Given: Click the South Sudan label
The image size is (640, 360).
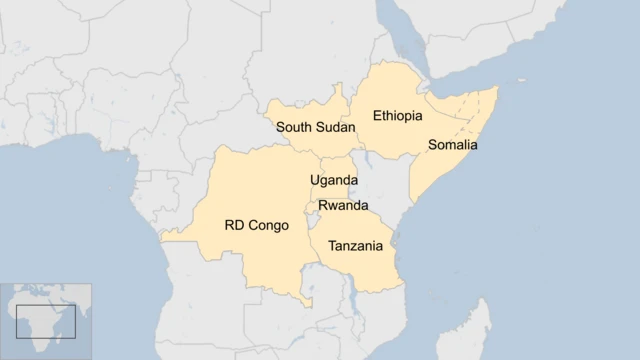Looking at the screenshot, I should pos(315,127).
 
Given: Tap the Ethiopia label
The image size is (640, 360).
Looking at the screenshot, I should pos(397,116).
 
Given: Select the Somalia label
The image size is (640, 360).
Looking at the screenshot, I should pos(453,145).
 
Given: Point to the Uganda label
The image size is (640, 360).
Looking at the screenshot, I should pos(333,180).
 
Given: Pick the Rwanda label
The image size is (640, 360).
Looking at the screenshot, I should pos(343,205).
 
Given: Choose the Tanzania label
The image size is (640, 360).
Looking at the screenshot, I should pos(355,246).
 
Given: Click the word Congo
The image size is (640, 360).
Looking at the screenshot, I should pos(269,225).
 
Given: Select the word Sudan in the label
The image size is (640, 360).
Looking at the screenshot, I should pos(336,127).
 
